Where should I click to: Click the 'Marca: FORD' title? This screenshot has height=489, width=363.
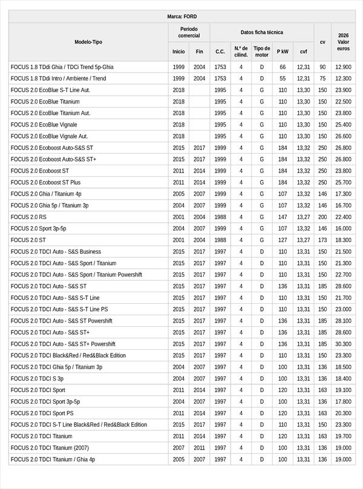(x=181, y=16)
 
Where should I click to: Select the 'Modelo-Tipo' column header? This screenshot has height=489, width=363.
(x=88, y=42)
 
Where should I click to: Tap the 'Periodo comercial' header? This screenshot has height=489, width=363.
(x=189, y=32)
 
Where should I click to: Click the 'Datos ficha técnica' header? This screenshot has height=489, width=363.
(x=261, y=32)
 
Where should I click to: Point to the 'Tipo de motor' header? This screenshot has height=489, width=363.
(x=262, y=51)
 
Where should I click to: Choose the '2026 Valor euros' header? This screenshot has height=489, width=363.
(x=343, y=42)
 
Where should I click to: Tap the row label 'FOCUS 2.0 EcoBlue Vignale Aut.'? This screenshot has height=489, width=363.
(x=49, y=136)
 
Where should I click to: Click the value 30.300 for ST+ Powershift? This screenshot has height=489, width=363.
(x=343, y=344)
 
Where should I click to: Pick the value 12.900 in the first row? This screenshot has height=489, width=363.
(x=343, y=67)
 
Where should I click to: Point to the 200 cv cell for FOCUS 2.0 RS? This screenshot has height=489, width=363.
(x=322, y=217)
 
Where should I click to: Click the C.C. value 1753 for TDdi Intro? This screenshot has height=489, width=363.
(x=220, y=79)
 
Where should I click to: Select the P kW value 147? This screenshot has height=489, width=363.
(x=283, y=217)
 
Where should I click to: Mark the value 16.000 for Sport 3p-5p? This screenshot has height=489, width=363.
(x=343, y=229)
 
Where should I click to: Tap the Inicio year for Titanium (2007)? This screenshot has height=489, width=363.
(x=178, y=448)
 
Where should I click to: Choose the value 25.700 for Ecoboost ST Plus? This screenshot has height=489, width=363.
(x=343, y=182)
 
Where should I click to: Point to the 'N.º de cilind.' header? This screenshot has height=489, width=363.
(x=241, y=51)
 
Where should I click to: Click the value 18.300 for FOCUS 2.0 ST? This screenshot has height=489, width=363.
(x=343, y=240)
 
